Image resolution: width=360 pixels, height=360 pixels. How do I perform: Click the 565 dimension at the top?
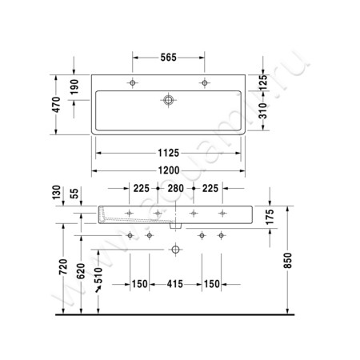pyautogui.click(x=169, y=57)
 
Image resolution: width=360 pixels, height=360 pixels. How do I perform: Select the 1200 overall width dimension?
pyautogui.click(x=169, y=170)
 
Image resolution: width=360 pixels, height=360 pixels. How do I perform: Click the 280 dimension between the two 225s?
pyautogui.click(x=176, y=189)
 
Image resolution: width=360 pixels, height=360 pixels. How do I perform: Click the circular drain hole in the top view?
pyautogui.click(x=169, y=101)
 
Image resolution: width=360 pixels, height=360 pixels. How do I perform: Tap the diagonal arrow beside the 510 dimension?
pyautogui.click(x=99, y=291)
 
